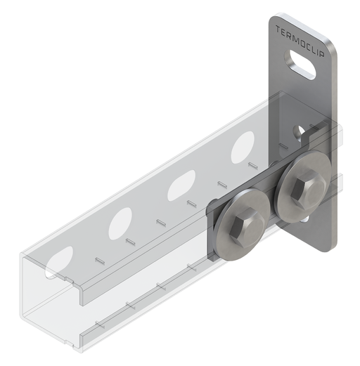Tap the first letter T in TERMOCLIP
(278, 30)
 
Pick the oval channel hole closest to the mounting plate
(244, 149)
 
